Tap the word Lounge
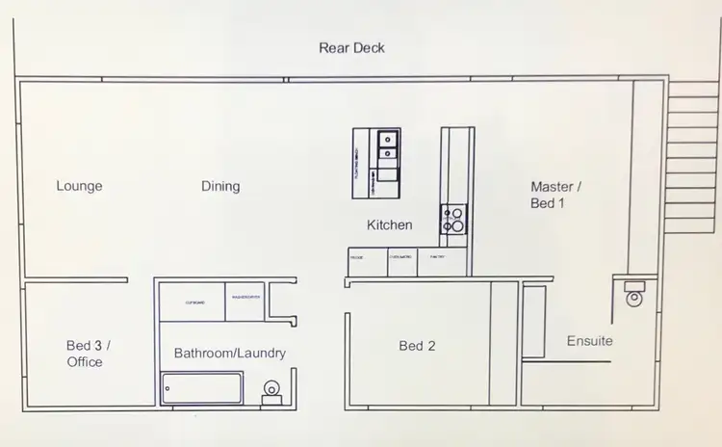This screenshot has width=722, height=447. (x=79, y=186)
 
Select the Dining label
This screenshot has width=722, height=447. (x=220, y=186)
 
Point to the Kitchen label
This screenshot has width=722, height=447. (x=390, y=224)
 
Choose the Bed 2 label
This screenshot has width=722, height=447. (x=417, y=345)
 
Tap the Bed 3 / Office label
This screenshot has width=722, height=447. (x=85, y=353)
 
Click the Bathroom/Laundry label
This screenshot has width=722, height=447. (x=229, y=354)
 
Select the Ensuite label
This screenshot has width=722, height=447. (x=589, y=341)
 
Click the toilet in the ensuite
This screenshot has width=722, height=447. (x=633, y=294)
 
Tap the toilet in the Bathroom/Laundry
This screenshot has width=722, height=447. (x=271, y=388)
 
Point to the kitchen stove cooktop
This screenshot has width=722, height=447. (x=453, y=220)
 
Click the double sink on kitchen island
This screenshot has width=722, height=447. (x=389, y=145)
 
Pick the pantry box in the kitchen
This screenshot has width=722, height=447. (x=437, y=262)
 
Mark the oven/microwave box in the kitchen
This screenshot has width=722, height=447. (x=401, y=262)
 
